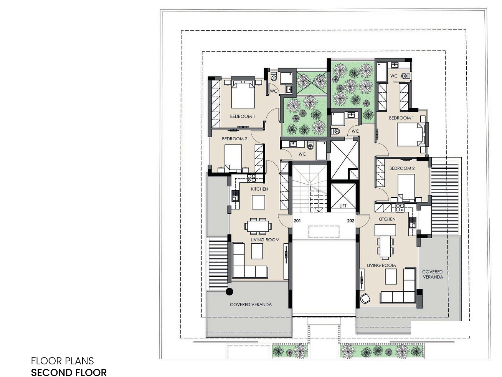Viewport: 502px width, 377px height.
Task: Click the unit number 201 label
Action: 297,221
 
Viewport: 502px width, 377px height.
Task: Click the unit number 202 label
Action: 351,221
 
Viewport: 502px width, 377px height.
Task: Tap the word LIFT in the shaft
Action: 343,206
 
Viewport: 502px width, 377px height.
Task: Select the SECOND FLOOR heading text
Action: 69,372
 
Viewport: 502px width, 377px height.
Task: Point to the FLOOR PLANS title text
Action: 63,361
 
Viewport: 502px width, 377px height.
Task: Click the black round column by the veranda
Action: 230,292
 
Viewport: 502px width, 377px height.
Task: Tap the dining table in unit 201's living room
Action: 258,226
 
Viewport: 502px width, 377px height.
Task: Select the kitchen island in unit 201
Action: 258,202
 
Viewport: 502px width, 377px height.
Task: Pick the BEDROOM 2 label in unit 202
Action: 402,168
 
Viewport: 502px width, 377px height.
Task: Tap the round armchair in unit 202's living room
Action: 365,298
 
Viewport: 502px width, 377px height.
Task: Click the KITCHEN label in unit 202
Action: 387,219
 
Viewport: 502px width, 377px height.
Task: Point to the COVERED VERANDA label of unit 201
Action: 251,304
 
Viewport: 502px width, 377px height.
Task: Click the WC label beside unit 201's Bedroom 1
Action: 274,91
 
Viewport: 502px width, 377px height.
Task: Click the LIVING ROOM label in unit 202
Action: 381,265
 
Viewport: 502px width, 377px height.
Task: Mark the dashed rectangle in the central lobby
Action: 324,232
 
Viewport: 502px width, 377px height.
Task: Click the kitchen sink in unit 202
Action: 412,223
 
